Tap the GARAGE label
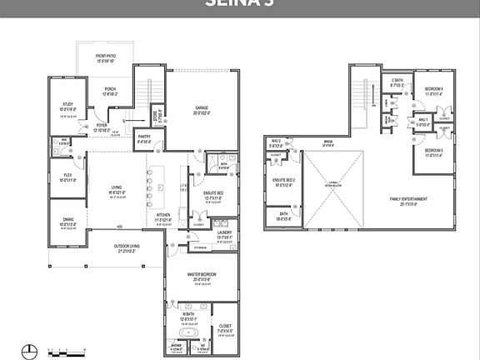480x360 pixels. (202, 107)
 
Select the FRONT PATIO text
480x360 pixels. (106, 57)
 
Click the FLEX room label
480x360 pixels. (67, 175)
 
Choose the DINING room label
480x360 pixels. (67, 219)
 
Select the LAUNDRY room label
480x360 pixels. (223, 235)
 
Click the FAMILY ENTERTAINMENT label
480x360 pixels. (407, 199)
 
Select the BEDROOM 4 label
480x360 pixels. (432, 89)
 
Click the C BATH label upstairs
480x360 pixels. (397, 81)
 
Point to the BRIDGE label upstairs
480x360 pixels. (328, 142)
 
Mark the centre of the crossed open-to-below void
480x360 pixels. (333, 191)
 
